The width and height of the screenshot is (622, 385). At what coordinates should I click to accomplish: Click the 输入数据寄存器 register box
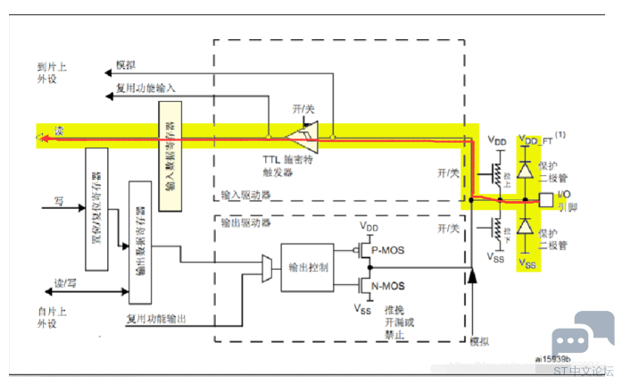tap(170, 156)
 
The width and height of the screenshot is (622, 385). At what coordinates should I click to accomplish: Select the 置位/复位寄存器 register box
tap(95, 209)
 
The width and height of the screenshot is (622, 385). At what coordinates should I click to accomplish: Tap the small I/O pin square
tap(546, 197)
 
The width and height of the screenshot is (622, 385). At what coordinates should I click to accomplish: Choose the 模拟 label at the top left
tap(126, 66)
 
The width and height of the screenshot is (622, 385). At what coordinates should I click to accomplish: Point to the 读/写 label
tap(66, 283)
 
